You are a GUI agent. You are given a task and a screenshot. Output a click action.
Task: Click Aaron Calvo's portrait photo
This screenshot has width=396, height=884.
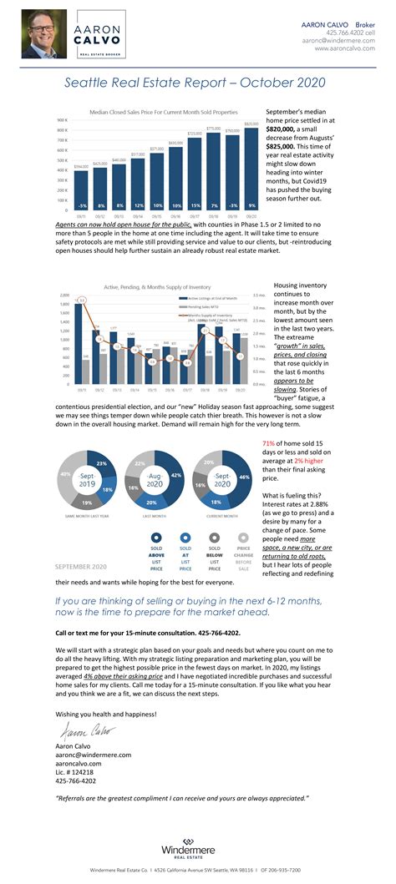[x=44, y=33]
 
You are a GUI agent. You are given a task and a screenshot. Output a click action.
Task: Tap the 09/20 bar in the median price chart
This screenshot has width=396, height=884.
[x=252, y=166]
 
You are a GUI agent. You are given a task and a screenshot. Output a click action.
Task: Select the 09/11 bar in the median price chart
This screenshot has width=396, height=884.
[x=81, y=188]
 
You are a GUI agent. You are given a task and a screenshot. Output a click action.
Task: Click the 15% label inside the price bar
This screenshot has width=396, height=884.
[x=195, y=205]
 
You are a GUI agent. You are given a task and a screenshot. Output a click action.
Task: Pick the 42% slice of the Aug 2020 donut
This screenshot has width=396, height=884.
[x=175, y=476]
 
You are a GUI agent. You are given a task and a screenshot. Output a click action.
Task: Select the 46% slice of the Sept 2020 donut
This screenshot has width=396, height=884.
[x=243, y=477]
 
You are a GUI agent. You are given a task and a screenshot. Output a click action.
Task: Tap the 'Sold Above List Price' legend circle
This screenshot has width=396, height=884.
[x=157, y=540]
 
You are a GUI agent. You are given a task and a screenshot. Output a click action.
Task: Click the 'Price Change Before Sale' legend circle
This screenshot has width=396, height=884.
[x=243, y=540]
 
